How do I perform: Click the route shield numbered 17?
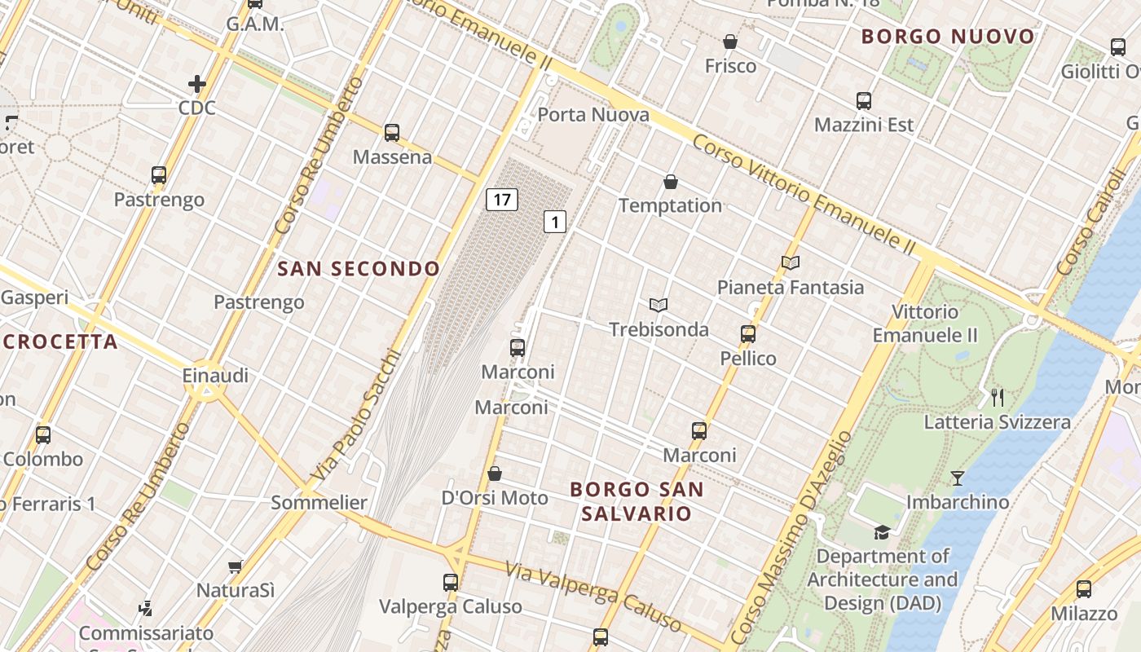pyautogui.click(x=502, y=199)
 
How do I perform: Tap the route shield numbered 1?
pyautogui.click(x=555, y=221)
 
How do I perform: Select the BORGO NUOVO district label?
pyautogui.click(x=948, y=37)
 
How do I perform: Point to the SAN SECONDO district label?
pyautogui.click(x=359, y=269)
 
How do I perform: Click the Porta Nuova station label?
pyautogui.click(x=593, y=115)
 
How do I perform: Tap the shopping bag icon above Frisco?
pyautogui.click(x=730, y=42)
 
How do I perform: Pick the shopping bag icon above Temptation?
pyautogui.click(x=671, y=182)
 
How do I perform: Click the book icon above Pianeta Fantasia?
pyautogui.click(x=790, y=262)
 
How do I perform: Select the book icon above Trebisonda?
pyautogui.click(x=659, y=305)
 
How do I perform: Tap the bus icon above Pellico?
pyautogui.click(x=748, y=333)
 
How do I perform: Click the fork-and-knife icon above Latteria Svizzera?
pyautogui.click(x=997, y=398)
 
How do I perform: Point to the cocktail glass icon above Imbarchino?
pyautogui.click(x=958, y=478)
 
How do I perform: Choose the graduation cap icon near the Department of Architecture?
pyautogui.click(x=882, y=532)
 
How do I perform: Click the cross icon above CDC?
pyautogui.click(x=197, y=83)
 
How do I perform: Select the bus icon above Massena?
pyautogui.click(x=392, y=132)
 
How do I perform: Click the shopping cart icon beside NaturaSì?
pyautogui.click(x=236, y=566)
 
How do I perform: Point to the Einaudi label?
pyautogui.click(x=215, y=377)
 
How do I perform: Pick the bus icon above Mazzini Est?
pyautogui.click(x=864, y=101)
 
